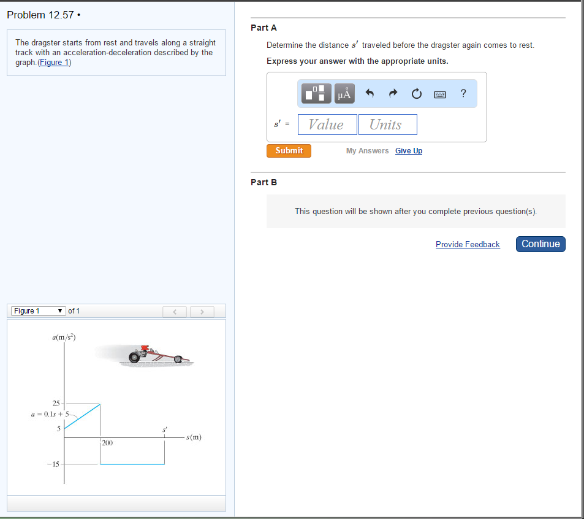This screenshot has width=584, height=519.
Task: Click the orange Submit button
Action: pos(289,151)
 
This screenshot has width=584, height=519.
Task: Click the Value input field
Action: pos(327,125)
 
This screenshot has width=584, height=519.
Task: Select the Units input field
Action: pos(387,125)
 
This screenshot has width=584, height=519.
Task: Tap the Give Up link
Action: pos(408,151)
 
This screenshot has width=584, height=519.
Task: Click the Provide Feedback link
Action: pos(468,244)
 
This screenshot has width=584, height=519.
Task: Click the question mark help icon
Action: pos(463,93)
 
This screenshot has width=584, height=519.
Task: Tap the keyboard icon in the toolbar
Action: pos(439,94)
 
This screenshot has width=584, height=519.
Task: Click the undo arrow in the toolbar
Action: pos(369,94)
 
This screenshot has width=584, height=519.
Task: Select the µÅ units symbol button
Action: pos(344,94)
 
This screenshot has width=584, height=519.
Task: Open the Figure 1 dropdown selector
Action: pos(39,311)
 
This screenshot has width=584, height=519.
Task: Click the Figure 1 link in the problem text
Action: pos(55,63)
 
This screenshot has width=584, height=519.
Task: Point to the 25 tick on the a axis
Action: pos(56,403)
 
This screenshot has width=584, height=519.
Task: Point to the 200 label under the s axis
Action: pos(107,442)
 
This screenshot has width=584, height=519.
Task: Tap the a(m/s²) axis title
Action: pos(64,337)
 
